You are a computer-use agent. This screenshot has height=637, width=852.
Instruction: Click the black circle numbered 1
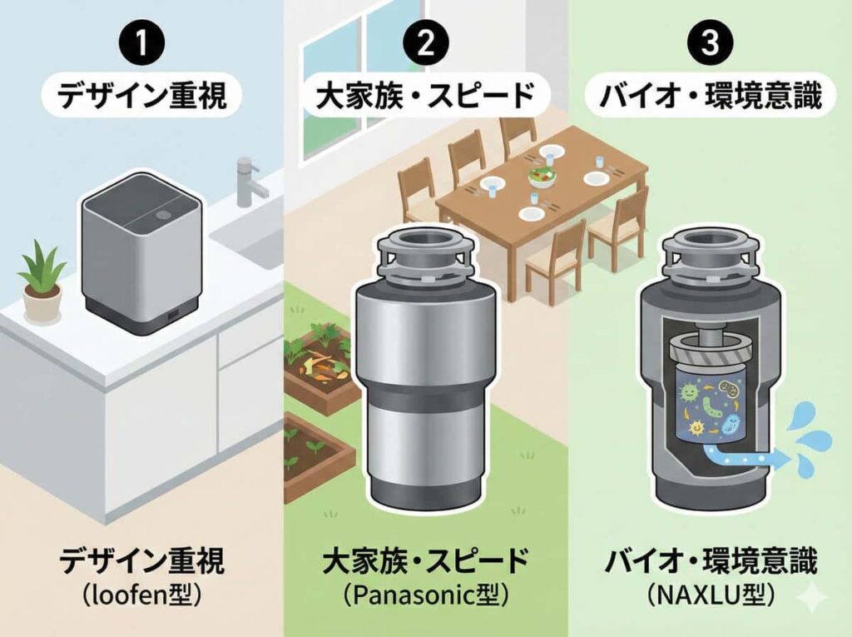pyautogui.click(x=141, y=43)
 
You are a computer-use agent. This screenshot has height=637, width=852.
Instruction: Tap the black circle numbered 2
pyautogui.click(x=425, y=43)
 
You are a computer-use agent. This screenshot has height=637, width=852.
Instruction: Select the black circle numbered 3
pyautogui.click(x=710, y=43)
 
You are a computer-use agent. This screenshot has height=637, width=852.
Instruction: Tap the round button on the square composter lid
pyautogui.click(x=162, y=216)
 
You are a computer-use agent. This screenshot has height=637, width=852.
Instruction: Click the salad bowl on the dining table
pyautogui.click(x=538, y=177)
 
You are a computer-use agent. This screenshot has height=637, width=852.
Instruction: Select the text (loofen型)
pyautogui.click(x=141, y=595)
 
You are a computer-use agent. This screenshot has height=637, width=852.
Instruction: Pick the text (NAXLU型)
pyautogui.click(x=710, y=595)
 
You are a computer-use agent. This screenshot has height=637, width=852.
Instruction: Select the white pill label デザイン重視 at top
pyautogui.click(x=141, y=97)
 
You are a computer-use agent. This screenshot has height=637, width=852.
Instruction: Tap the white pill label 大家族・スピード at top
pyautogui.click(x=425, y=97)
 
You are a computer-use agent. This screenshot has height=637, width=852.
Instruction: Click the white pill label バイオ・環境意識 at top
pyautogui.click(x=710, y=97)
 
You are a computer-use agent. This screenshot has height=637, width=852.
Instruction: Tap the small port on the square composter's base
pyautogui.click(x=173, y=315)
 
